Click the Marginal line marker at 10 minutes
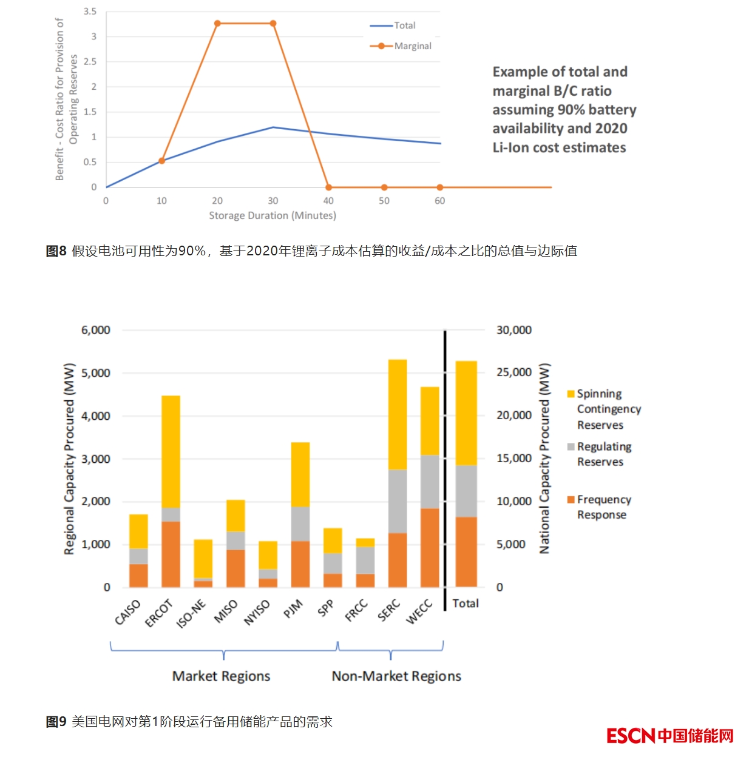(x=161, y=161)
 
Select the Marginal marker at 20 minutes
(x=217, y=24)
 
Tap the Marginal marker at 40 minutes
(x=328, y=187)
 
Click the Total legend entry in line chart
(x=404, y=25)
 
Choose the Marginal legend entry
(x=412, y=46)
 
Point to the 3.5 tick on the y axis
(x=90, y=12)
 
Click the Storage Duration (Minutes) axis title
(x=273, y=215)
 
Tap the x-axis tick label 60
(x=439, y=201)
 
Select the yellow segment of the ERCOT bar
(x=171, y=451)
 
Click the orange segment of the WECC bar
(x=430, y=547)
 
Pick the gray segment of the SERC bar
(x=398, y=501)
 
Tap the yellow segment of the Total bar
(x=466, y=412)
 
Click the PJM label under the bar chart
(x=293, y=608)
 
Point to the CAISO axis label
(x=127, y=612)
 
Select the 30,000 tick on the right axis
(x=513, y=330)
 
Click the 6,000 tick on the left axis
(x=96, y=330)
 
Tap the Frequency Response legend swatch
(x=571, y=499)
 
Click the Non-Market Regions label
(x=396, y=676)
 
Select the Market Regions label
(x=221, y=676)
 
